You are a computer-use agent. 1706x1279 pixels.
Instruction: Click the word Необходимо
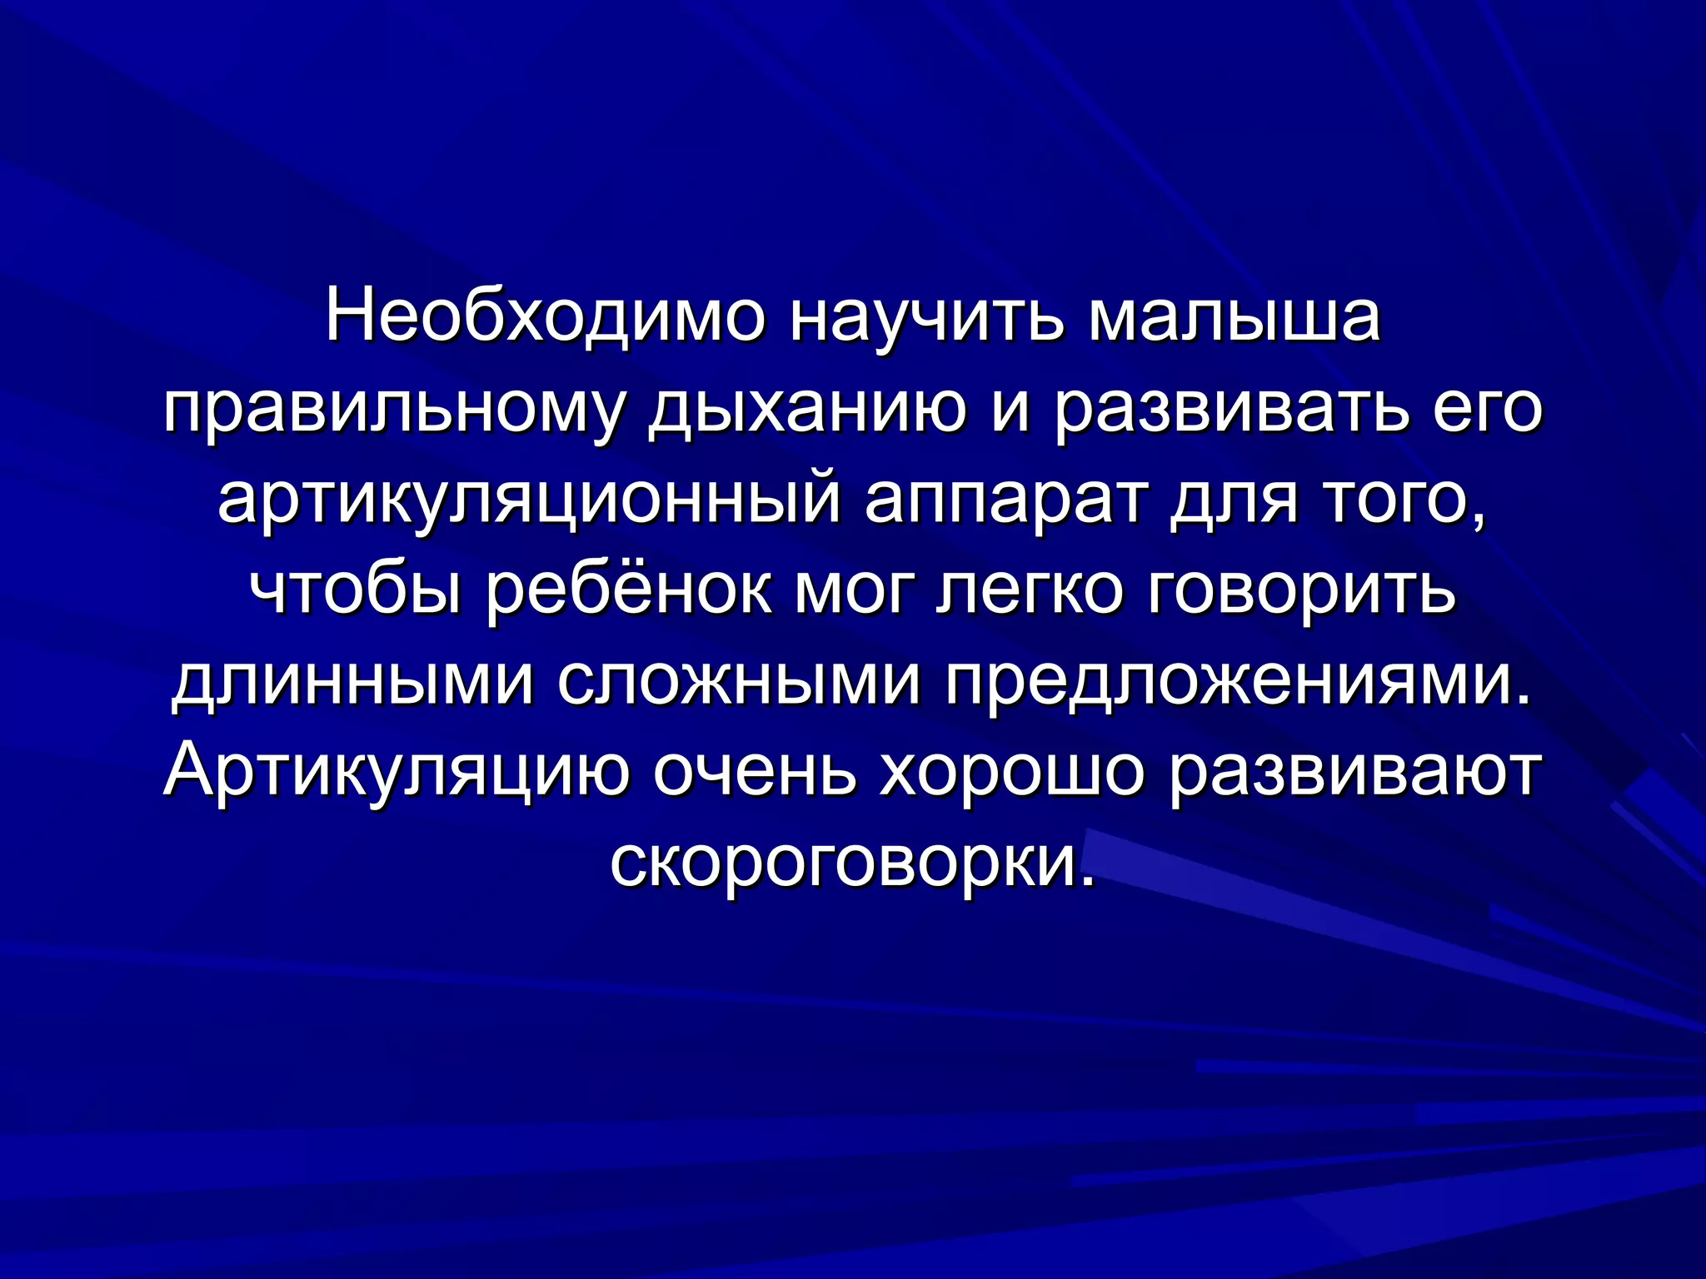(x=544, y=319)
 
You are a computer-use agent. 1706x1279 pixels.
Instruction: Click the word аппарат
(x=1003, y=505)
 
